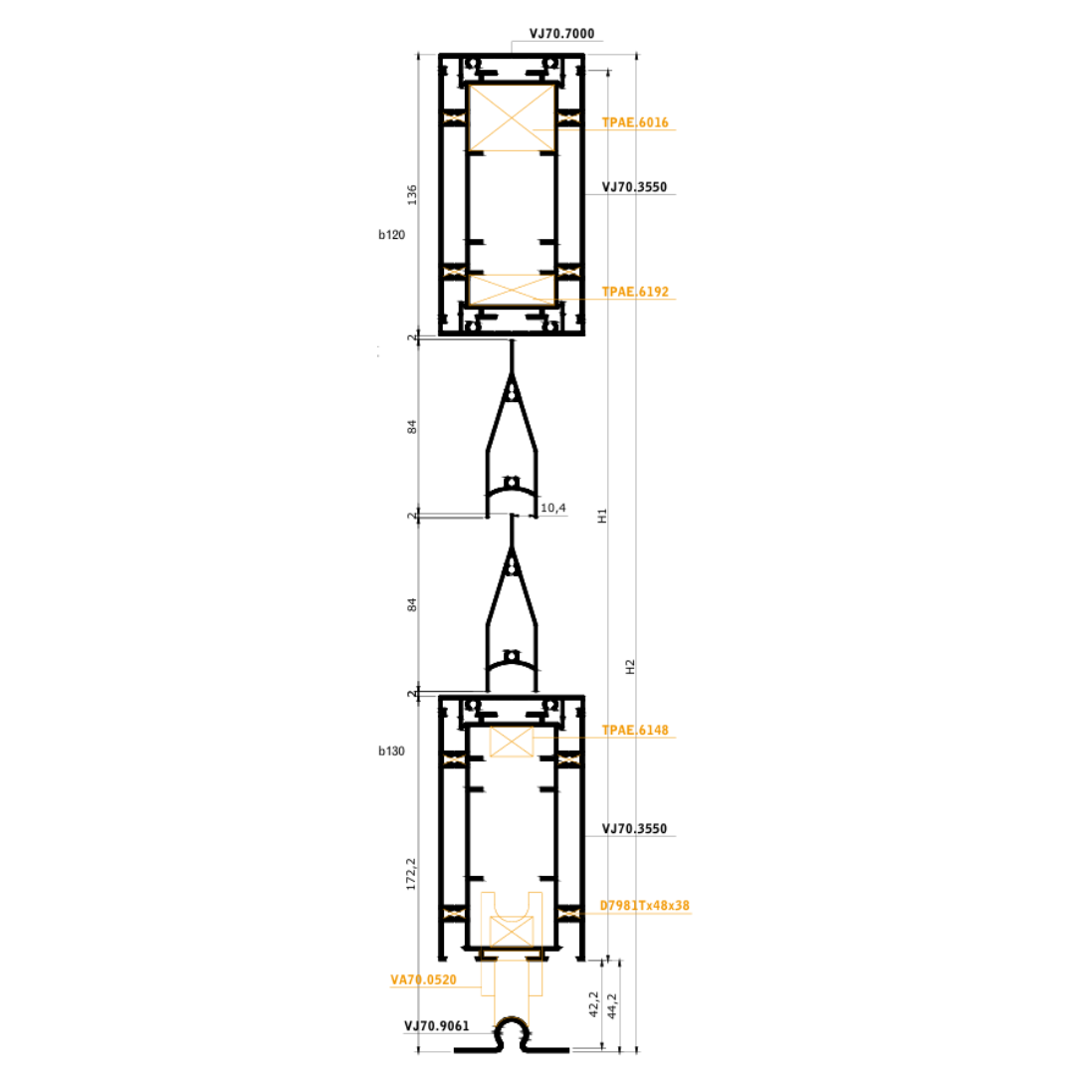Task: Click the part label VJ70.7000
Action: (561, 34)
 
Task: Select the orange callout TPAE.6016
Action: (635, 122)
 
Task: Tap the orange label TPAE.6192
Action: (635, 292)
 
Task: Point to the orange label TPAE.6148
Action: (635, 731)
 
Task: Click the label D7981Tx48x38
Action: (644, 906)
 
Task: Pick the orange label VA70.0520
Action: (423, 980)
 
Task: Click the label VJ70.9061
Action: (437, 1026)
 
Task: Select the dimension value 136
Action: (412, 195)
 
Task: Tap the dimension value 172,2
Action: (411, 874)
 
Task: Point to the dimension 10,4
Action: (553, 508)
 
